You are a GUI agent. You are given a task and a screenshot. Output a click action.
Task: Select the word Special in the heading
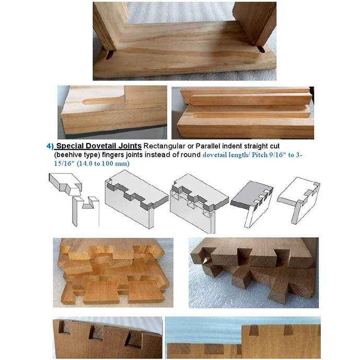72,146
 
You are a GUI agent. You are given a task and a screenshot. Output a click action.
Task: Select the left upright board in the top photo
110,24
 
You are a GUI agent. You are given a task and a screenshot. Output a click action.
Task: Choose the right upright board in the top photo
253,21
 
